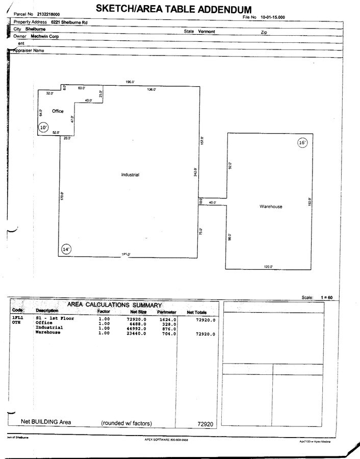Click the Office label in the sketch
tap(58, 111)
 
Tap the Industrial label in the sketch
tap(130, 175)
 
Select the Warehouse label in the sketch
tap(271, 207)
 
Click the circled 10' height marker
tap(43, 127)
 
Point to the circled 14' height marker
tap(66, 249)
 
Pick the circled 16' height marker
tap(302, 143)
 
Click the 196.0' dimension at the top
tap(130, 82)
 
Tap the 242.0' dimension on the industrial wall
tap(195, 173)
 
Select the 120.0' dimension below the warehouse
tap(268, 267)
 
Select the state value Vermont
tap(207, 31)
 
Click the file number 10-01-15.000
tap(273, 17)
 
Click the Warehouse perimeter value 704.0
tap(169, 333)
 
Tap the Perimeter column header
tap(167, 311)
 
